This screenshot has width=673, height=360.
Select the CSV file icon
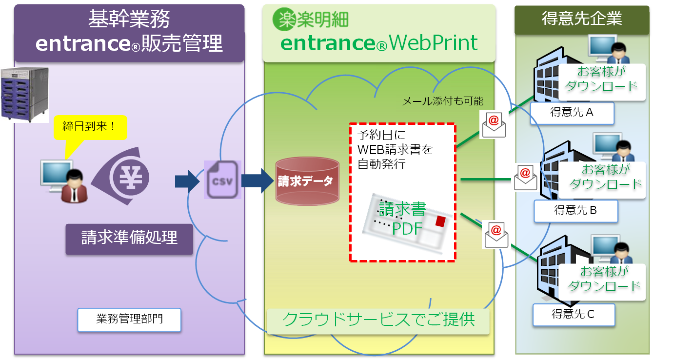(222, 180)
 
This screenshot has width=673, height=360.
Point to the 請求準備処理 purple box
(129, 238)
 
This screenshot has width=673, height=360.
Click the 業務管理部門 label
(129, 320)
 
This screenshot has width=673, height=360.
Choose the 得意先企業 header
(582, 19)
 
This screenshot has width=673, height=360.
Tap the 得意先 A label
(572, 113)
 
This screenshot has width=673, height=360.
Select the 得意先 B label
(575, 210)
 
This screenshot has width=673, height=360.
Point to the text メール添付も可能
(442, 101)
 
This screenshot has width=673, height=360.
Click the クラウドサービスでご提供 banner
(378, 320)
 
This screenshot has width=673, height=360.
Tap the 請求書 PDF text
(402, 219)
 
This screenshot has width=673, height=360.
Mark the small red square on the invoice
(440, 221)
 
